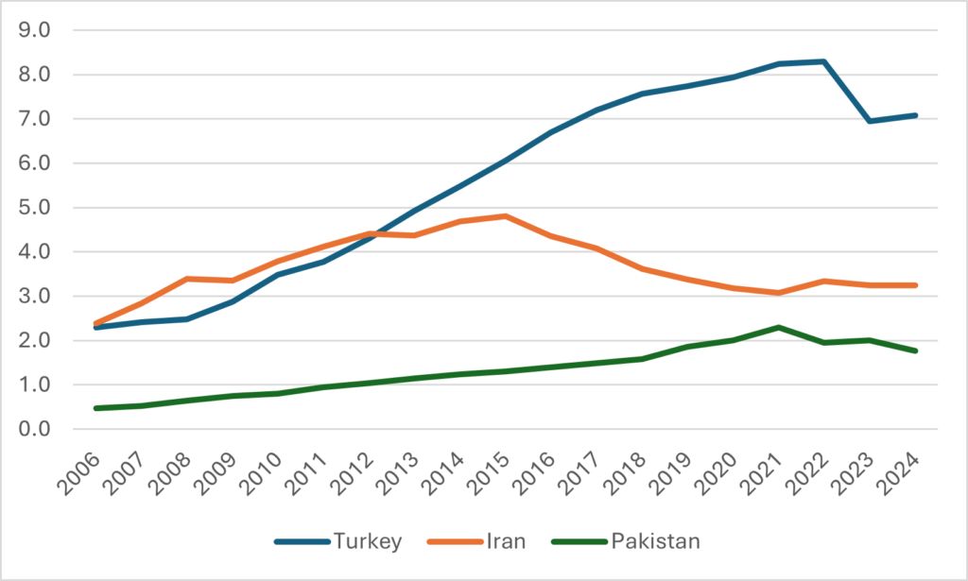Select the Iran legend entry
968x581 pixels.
(507, 541)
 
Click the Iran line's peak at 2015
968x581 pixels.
(506, 216)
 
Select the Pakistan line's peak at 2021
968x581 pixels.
(778, 328)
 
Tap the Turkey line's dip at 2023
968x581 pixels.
(870, 121)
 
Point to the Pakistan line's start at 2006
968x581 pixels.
(95, 408)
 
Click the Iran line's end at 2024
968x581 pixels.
(915, 285)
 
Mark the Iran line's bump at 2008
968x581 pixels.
(187, 279)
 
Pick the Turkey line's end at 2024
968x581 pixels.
(915, 115)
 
